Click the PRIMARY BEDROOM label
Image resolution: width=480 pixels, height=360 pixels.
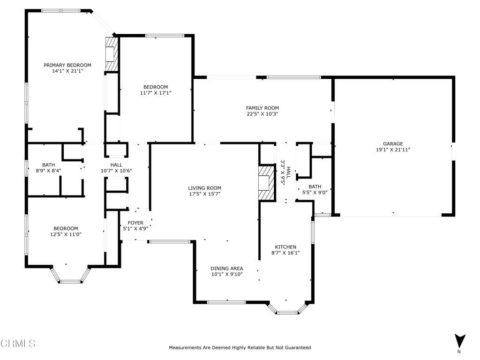pyautogui.click(x=67, y=65)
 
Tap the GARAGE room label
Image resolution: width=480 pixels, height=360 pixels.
pyautogui.click(x=393, y=143)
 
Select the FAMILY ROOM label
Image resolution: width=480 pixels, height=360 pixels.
pyautogui.click(x=262, y=108)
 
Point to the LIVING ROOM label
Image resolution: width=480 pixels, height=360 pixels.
pyautogui.click(x=204, y=188)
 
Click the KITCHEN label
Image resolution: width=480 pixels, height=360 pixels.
pyautogui.click(x=285, y=247)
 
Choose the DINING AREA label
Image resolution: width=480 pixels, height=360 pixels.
pyautogui.click(x=227, y=269)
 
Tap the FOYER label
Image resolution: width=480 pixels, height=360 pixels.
pyautogui.click(x=135, y=223)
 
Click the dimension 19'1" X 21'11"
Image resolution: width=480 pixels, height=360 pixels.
pyautogui.click(x=393, y=150)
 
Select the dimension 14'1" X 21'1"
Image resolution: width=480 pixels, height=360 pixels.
pyautogui.click(x=67, y=71)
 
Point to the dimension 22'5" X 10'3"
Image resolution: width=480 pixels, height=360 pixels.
pyautogui.click(x=262, y=114)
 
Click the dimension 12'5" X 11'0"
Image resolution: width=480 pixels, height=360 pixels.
pyautogui.click(x=66, y=234)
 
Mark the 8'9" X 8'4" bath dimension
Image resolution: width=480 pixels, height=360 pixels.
pyautogui.click(x=48, y=171)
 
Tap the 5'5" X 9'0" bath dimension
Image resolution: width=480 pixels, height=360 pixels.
pyautogui.click(x=315, y=193)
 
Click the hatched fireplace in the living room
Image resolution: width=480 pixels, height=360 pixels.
pyautogui.click(x=266, y=183)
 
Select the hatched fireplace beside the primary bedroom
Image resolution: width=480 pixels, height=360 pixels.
pyautogui.click(x=112, y=54)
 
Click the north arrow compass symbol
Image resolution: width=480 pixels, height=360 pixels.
pyautogui.click(x=460, y=342)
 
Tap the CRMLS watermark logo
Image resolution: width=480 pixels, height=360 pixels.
pyautogui.click(x=18, y=344)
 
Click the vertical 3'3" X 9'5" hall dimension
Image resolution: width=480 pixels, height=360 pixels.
pyautogui.click(x=285, y=173)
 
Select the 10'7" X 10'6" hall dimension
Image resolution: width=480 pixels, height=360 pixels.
pyautogui.click(x=116, y=171)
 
